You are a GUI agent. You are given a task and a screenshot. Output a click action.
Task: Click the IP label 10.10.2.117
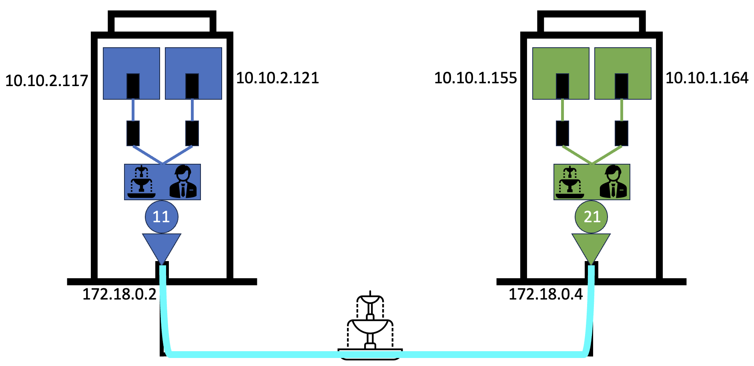point(46,81)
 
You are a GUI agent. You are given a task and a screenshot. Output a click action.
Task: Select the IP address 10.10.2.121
point(277,78)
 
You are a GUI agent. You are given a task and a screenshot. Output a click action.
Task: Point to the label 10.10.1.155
point(475,78)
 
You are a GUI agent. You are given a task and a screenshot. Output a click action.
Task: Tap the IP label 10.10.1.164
point(707,78)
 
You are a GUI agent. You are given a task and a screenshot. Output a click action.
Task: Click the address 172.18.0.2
point(119,294)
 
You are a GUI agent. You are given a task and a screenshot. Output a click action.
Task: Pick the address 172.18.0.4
point(545,294)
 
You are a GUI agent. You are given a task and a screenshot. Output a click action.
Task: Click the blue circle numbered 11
point(161,217)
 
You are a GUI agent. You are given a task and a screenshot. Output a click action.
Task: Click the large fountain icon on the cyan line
point(370,326)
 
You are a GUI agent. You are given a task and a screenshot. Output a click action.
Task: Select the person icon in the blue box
point(183,182)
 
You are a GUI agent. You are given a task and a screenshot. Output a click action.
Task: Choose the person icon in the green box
point(613,182)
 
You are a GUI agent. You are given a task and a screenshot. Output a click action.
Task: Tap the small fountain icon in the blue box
point(141,182)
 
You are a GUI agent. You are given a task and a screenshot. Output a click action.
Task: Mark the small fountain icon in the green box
point(570,182)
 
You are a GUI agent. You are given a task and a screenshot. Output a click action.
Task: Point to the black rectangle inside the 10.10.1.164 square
point(621,86)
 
